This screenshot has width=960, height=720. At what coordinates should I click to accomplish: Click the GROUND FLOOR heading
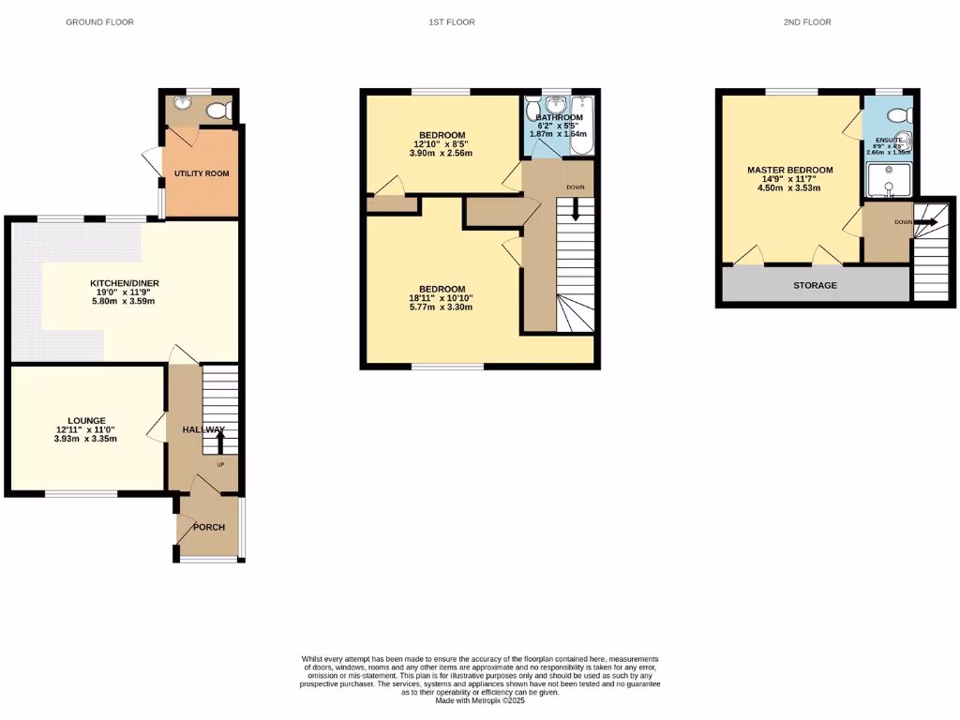99,22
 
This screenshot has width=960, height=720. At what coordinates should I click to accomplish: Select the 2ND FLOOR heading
807,22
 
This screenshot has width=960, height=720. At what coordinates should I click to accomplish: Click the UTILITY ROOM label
201,173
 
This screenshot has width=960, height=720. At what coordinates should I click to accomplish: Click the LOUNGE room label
85,420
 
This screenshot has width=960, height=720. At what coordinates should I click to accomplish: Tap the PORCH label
209,527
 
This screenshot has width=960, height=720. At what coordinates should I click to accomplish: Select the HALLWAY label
203,429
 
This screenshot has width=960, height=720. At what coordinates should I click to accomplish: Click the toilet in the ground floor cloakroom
218,111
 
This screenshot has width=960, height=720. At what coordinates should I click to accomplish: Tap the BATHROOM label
559,117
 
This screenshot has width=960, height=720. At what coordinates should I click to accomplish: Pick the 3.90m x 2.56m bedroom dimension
440,153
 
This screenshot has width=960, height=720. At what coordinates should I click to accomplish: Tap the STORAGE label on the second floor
815,285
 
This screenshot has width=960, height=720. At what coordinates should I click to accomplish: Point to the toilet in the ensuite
898,115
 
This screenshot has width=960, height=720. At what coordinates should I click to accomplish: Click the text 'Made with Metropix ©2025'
480,700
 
